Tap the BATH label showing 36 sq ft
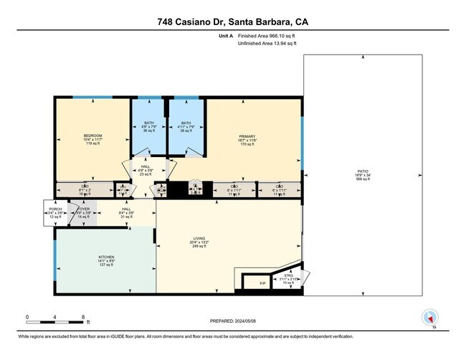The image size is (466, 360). click(148, 127)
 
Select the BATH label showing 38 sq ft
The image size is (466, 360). click(186, 127)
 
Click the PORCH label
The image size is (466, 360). click(56, 213)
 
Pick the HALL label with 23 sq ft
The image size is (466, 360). click(146, 170)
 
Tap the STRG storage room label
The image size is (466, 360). click(288, 276)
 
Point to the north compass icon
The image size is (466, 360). click(430, 318)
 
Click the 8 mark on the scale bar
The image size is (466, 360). click(83, 316)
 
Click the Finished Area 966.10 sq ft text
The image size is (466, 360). click(267, 36)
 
